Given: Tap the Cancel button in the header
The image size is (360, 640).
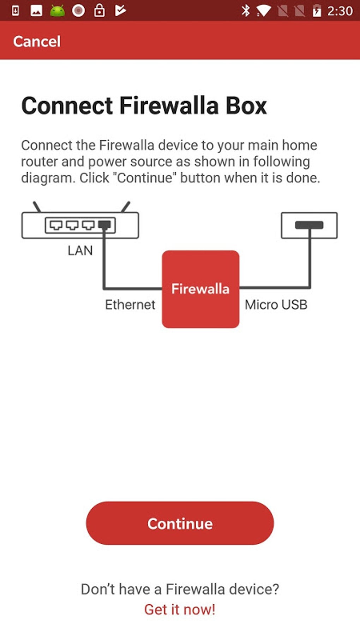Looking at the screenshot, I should point(37,41).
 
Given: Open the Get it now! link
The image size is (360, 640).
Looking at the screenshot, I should point(180,610).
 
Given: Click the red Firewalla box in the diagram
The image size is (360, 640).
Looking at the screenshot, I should point(200,289).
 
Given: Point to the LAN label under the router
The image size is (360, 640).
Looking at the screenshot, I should point(80,251).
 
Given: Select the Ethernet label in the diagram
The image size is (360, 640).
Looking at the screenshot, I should point(130,305).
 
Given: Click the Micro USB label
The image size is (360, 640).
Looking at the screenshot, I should point(276,305).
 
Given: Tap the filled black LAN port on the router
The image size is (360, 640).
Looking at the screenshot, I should point(104,225).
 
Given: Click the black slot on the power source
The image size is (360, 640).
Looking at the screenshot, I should point(309,225).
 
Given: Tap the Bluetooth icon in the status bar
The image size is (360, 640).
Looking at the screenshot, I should point(246,11).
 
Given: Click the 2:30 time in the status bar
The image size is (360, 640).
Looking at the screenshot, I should point(340,11).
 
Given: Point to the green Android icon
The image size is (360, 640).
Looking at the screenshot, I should point(57,11).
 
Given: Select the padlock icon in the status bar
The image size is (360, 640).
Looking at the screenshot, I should point(99,11).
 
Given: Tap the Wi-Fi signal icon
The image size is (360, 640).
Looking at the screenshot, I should point(263,11).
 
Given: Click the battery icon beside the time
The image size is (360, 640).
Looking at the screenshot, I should point(317,11).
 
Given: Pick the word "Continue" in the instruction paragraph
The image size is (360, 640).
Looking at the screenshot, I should point(145,178).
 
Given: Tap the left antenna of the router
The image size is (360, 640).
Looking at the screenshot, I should point(37,207).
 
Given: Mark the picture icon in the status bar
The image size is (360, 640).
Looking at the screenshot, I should point(36,11).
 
